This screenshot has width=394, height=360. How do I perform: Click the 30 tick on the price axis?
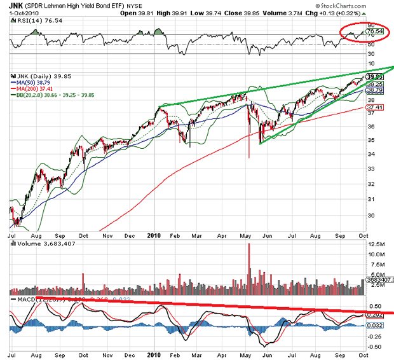point(371,215)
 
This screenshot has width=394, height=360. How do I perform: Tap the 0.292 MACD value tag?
point(375,314)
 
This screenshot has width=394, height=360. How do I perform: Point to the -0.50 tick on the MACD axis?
point(375,347)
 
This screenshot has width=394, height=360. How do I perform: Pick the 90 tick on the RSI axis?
point(371,25)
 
